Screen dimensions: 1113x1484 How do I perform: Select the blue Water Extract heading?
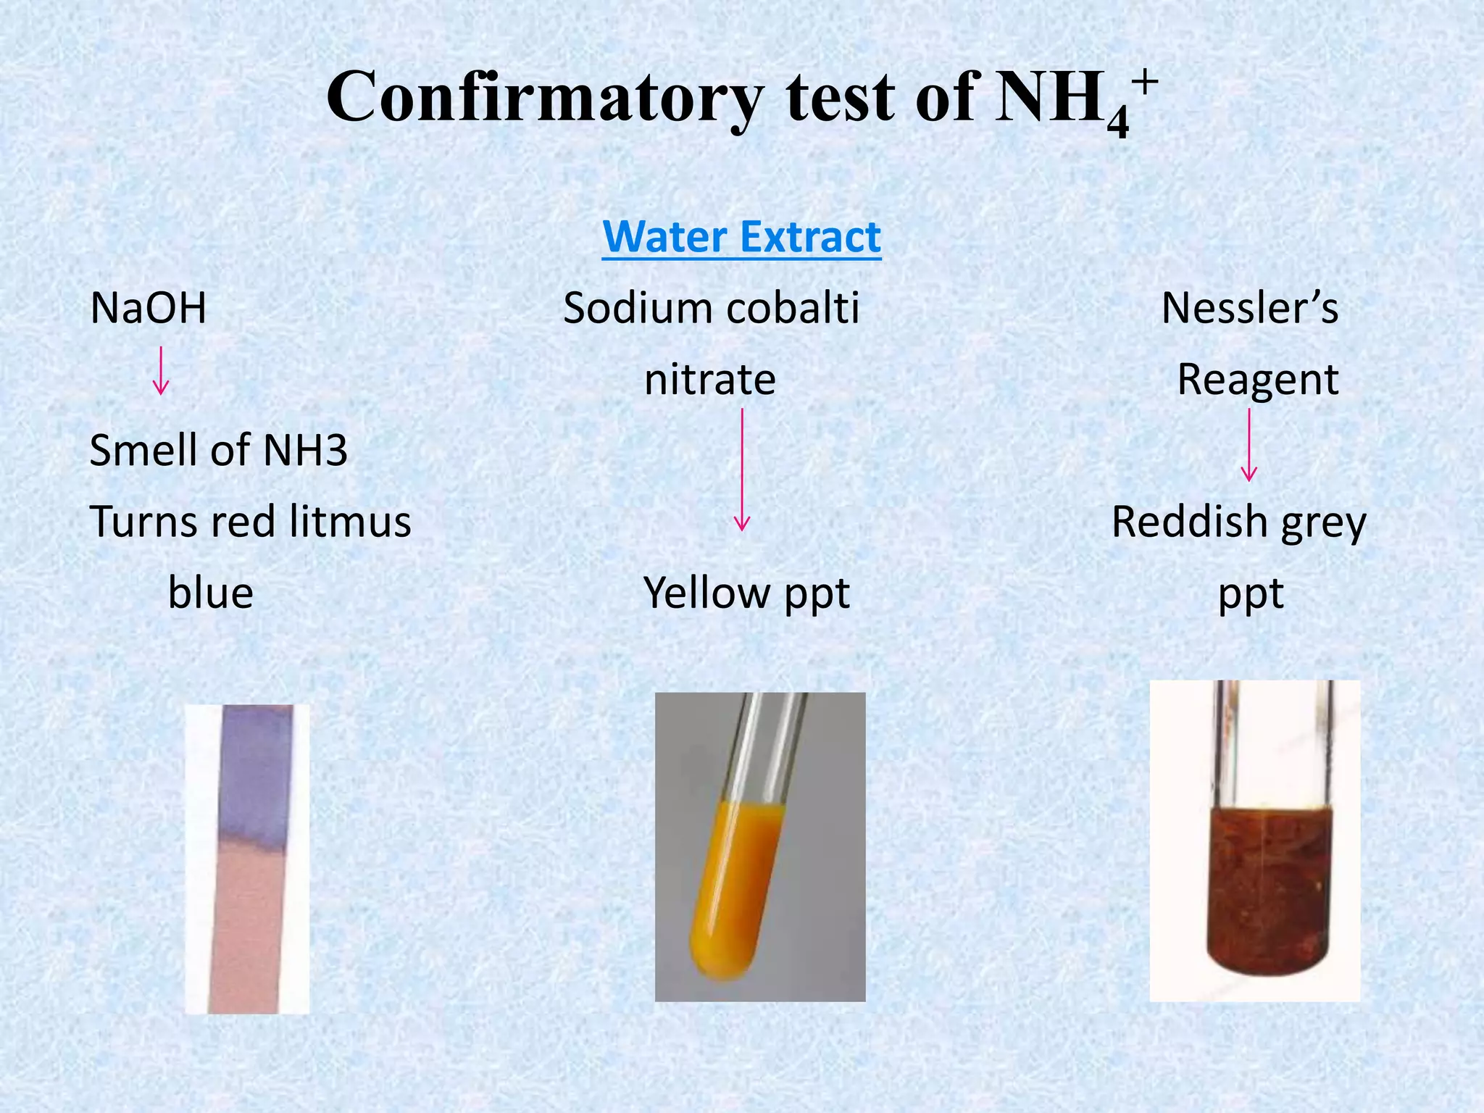click(741, 237)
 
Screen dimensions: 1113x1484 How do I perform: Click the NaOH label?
click(149, 308)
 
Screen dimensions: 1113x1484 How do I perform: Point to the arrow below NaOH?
click(161, 370)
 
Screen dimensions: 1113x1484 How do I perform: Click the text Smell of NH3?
click(218, 450)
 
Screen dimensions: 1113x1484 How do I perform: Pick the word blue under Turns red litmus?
click(211, 593)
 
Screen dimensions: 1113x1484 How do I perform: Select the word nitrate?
click(709, 379)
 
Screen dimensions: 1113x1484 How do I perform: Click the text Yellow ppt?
click(746, 593)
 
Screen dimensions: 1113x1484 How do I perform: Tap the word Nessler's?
click(1249, 308)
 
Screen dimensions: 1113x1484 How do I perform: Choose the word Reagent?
click(1257, 379)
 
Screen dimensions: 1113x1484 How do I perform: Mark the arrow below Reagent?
click(1249, 445)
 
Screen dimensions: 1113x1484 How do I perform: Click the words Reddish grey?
click(1238, 522)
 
